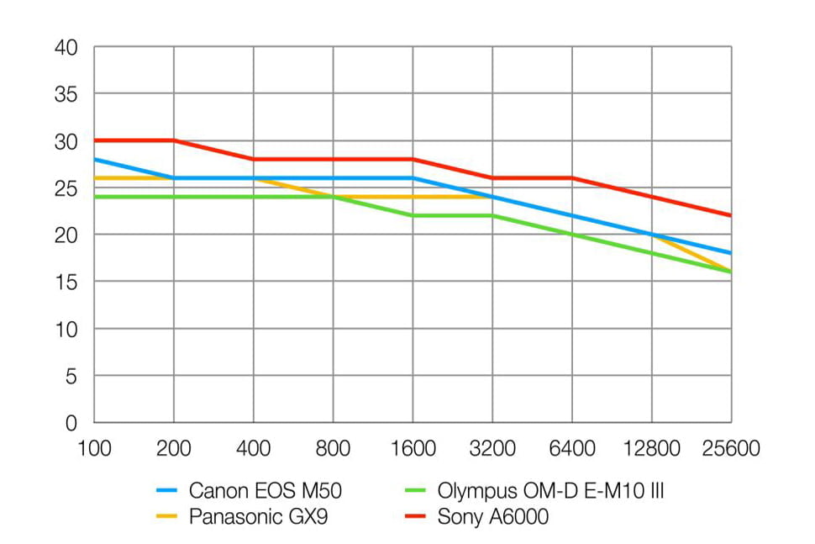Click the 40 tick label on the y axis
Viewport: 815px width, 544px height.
[67, 49]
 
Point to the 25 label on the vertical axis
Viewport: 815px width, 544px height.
[67, 189]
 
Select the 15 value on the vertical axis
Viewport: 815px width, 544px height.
[67, 283]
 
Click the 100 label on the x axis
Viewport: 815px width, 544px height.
[94, 449]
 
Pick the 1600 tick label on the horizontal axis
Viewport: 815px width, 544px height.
[413, 449]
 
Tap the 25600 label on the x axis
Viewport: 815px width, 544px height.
[730, 449]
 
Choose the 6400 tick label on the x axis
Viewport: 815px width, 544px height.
[571, 449]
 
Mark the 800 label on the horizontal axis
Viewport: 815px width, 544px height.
[333, 449]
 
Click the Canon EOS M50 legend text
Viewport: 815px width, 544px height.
[265, 491]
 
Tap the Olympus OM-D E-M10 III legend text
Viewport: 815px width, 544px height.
[550, 491]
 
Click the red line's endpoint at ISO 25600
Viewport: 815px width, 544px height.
[730, 215]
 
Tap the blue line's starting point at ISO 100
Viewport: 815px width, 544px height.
[94, 159]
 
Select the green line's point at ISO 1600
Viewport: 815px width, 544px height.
[413, 215]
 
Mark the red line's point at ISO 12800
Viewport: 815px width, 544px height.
[651, 197]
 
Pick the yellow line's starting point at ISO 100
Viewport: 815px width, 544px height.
[94, 177]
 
